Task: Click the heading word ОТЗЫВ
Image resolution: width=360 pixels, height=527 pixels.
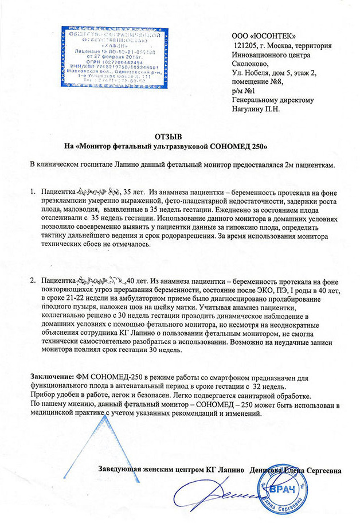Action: tap(168, 136)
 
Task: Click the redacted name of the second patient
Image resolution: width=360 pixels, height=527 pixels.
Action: tap(100, 281)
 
